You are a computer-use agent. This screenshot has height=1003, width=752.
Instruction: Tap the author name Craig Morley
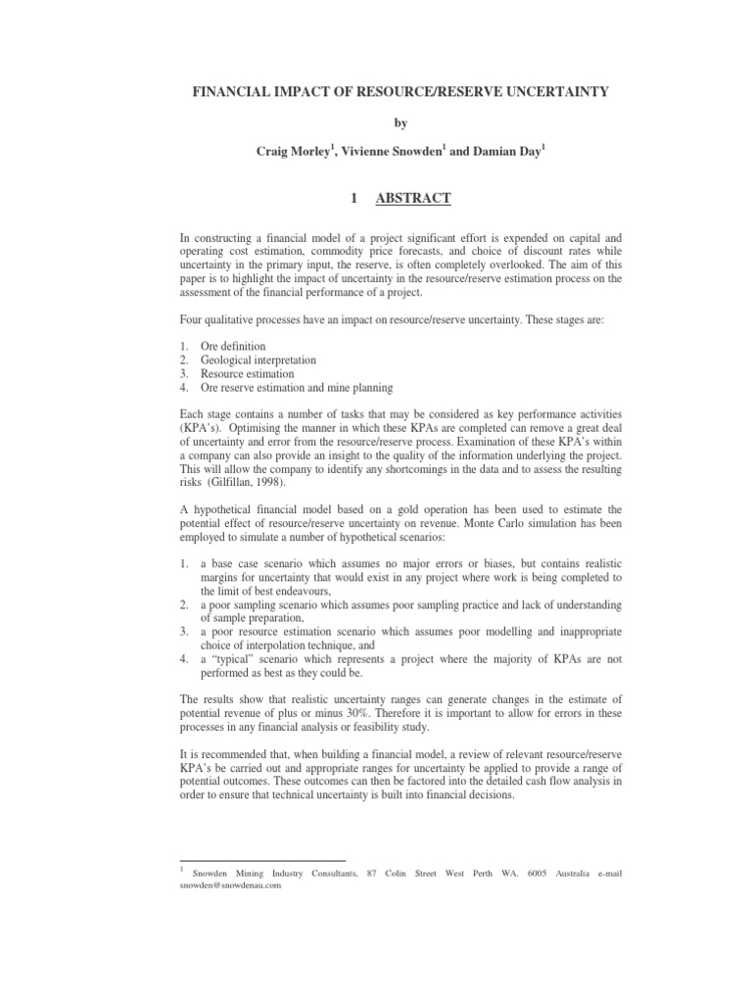tap(291, 150)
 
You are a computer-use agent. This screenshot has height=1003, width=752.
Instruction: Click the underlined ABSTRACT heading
tap(414, 199)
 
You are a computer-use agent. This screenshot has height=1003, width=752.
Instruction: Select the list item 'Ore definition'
tap(233, 347)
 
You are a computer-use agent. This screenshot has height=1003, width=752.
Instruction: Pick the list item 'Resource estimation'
tap(246, 374)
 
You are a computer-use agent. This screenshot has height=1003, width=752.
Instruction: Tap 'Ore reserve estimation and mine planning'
tap(296, 388)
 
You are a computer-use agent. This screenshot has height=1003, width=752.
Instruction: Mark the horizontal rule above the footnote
tap(261, 860)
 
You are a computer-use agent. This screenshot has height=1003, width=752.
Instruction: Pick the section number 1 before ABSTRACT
tap(354, 199)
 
